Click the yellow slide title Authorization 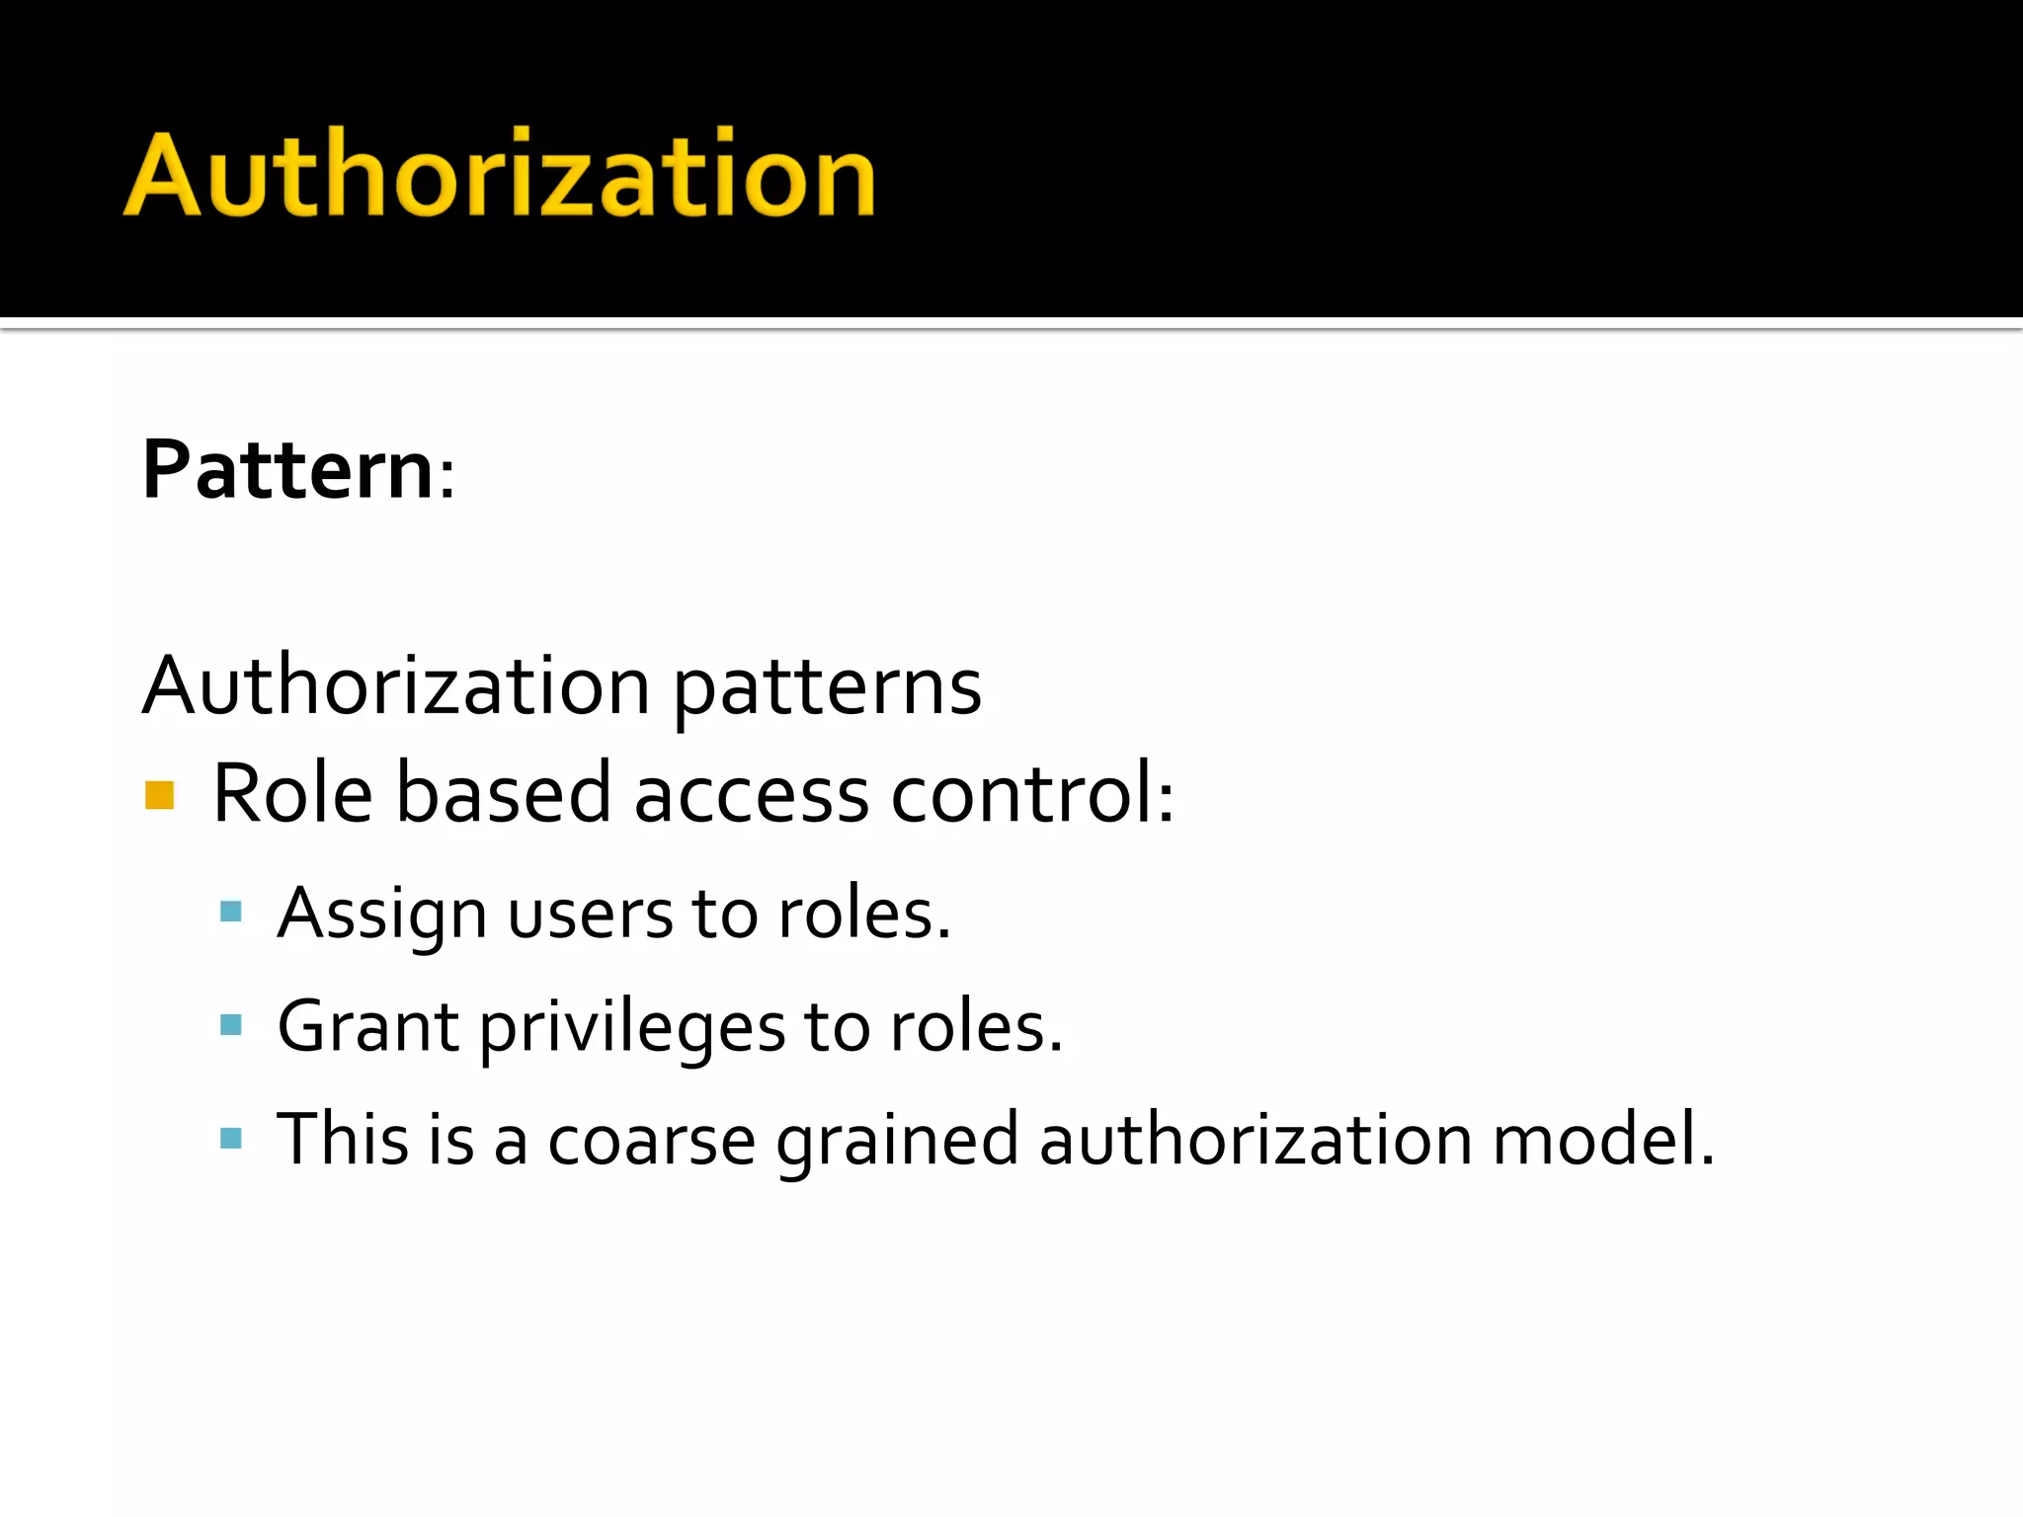click(x=500, y=174)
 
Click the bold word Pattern click(x=287, y=470)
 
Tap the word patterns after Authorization click(x=827, y=687)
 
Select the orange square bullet click(x=159, y=795)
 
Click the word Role click(x=292, y=793)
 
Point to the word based click(x=504, y=793)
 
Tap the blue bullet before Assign click(x=231, y=912)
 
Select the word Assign click(x=381, y=915)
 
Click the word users click(x=589, y=915)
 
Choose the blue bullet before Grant click(x=231, y=1025)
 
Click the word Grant click(x=367, y=1027)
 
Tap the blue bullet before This click(x=231, y=1139)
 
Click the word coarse click(x=651, y=1142)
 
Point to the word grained click(x=897, y=1142)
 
